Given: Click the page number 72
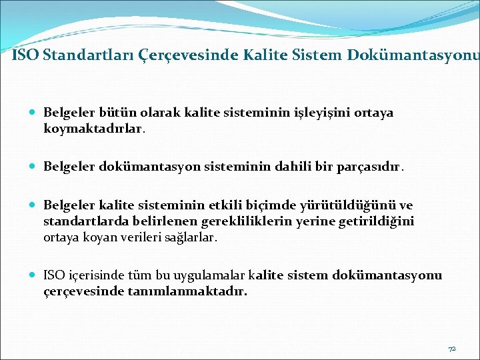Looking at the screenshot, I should point(452,349).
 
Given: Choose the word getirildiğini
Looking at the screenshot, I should point(377,221).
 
